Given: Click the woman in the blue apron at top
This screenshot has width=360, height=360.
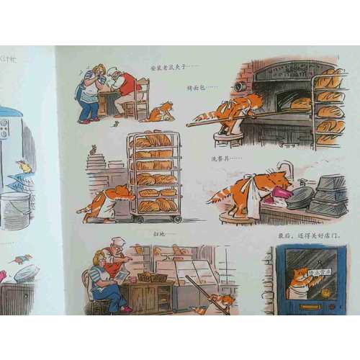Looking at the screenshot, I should pyautogui.click(x=91, y=92).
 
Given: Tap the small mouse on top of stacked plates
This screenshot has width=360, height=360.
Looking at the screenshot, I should pyautogui.click(x=92, y=150).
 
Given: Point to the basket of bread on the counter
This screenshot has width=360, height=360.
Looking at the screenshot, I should pyautogui.click(x=152, y=276).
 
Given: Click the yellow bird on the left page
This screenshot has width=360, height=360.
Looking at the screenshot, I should pyautogui.click(x=26, y=167).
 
